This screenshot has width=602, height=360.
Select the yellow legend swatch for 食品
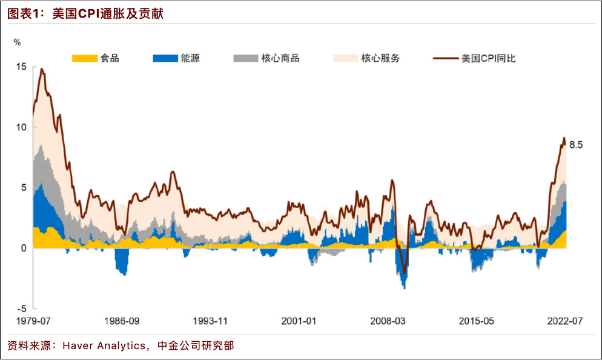[x=84, y=59]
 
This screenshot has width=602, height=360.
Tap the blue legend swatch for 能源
[x=165, y=59]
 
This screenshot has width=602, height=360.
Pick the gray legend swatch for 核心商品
[x=245, y=59]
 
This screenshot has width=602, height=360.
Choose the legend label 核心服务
[x=380, y=59]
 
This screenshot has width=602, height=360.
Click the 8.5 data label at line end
[x=576, y=144]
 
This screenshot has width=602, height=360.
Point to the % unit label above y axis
[x=17, y=42]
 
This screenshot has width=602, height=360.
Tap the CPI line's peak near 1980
[x=42, y=69]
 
